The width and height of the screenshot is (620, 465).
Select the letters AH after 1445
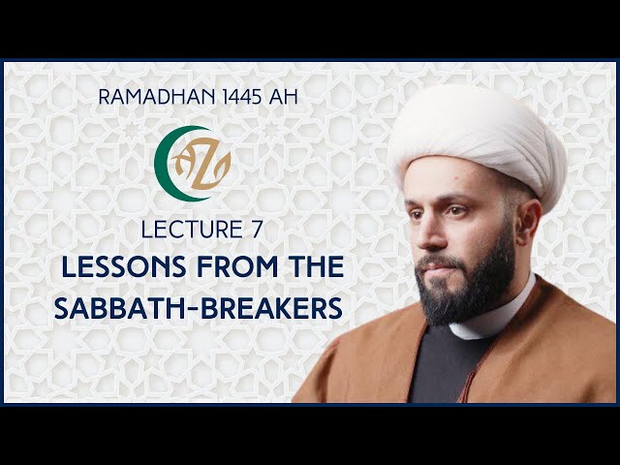[283, 97]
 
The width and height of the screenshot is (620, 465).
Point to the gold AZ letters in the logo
[201, 164]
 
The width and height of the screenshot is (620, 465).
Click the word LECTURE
[192, 230]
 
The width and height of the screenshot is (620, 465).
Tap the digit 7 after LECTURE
[257, 230]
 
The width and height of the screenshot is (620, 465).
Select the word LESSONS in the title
[124, 266]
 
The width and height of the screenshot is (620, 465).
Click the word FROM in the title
[237, 266]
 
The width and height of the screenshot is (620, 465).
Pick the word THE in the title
[316, 266]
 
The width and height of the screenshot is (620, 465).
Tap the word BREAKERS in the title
[272, 308]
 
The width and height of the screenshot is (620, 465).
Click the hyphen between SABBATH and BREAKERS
[193, 309]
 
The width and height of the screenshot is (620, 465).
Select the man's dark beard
[467, 285]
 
